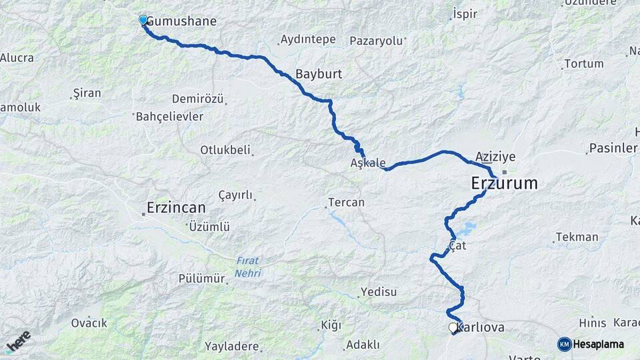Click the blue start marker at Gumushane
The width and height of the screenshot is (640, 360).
coord(143,20)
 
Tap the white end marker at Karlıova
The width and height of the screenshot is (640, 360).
coord(453,327)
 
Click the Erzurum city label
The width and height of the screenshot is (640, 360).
coord(504,183)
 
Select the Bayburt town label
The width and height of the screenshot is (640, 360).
coord(319,74)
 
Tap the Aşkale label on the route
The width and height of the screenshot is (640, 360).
coord(368,163)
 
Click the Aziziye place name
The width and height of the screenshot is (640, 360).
coord(495,157)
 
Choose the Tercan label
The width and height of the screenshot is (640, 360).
coord(347,202)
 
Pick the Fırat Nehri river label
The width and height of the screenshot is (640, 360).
coord(247,267)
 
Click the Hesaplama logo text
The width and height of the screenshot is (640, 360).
coord(598,344)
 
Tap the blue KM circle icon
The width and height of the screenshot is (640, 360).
coord(564,344)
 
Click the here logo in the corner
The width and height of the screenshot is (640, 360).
coord(18,342)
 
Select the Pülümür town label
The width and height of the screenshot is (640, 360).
coord(201,279)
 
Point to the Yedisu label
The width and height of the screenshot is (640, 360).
coord(378,292)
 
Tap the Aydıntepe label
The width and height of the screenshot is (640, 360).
coord(308,39)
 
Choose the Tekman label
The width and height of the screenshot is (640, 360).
coord(577,237)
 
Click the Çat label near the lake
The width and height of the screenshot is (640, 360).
coord(457,246)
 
